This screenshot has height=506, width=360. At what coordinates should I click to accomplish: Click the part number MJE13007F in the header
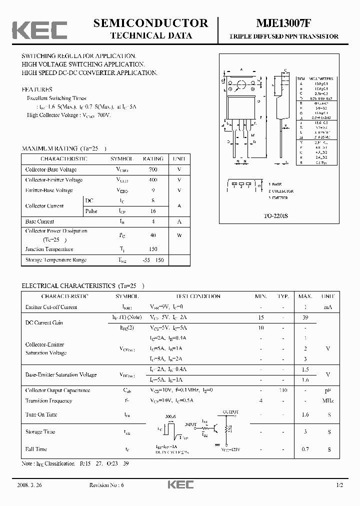coord(284,23)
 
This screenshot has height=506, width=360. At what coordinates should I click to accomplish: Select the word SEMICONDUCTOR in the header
coord(150,23)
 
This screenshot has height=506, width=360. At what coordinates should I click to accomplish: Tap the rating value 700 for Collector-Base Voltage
coord(152,169)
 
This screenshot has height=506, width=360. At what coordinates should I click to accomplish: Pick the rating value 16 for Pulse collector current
coord(153,211)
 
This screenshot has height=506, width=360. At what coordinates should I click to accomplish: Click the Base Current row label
coord(40,221)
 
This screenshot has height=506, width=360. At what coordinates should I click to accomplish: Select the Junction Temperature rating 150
coord(152,249)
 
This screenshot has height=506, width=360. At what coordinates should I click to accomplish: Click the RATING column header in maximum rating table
coord(153,158)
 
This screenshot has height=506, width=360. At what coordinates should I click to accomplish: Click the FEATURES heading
coord(37,89)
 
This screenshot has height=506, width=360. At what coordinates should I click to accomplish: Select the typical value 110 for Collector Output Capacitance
coord(283,390)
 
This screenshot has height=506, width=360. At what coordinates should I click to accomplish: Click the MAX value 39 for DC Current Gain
coord(305,317)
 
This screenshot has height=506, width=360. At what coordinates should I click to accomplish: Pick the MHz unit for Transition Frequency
coord(328,400)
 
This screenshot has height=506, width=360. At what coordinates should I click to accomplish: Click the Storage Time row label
coord(40,431)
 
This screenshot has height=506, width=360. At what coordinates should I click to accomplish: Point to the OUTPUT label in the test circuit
coord(230,412)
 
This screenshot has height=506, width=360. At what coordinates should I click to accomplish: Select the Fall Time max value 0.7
coord(305,449)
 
